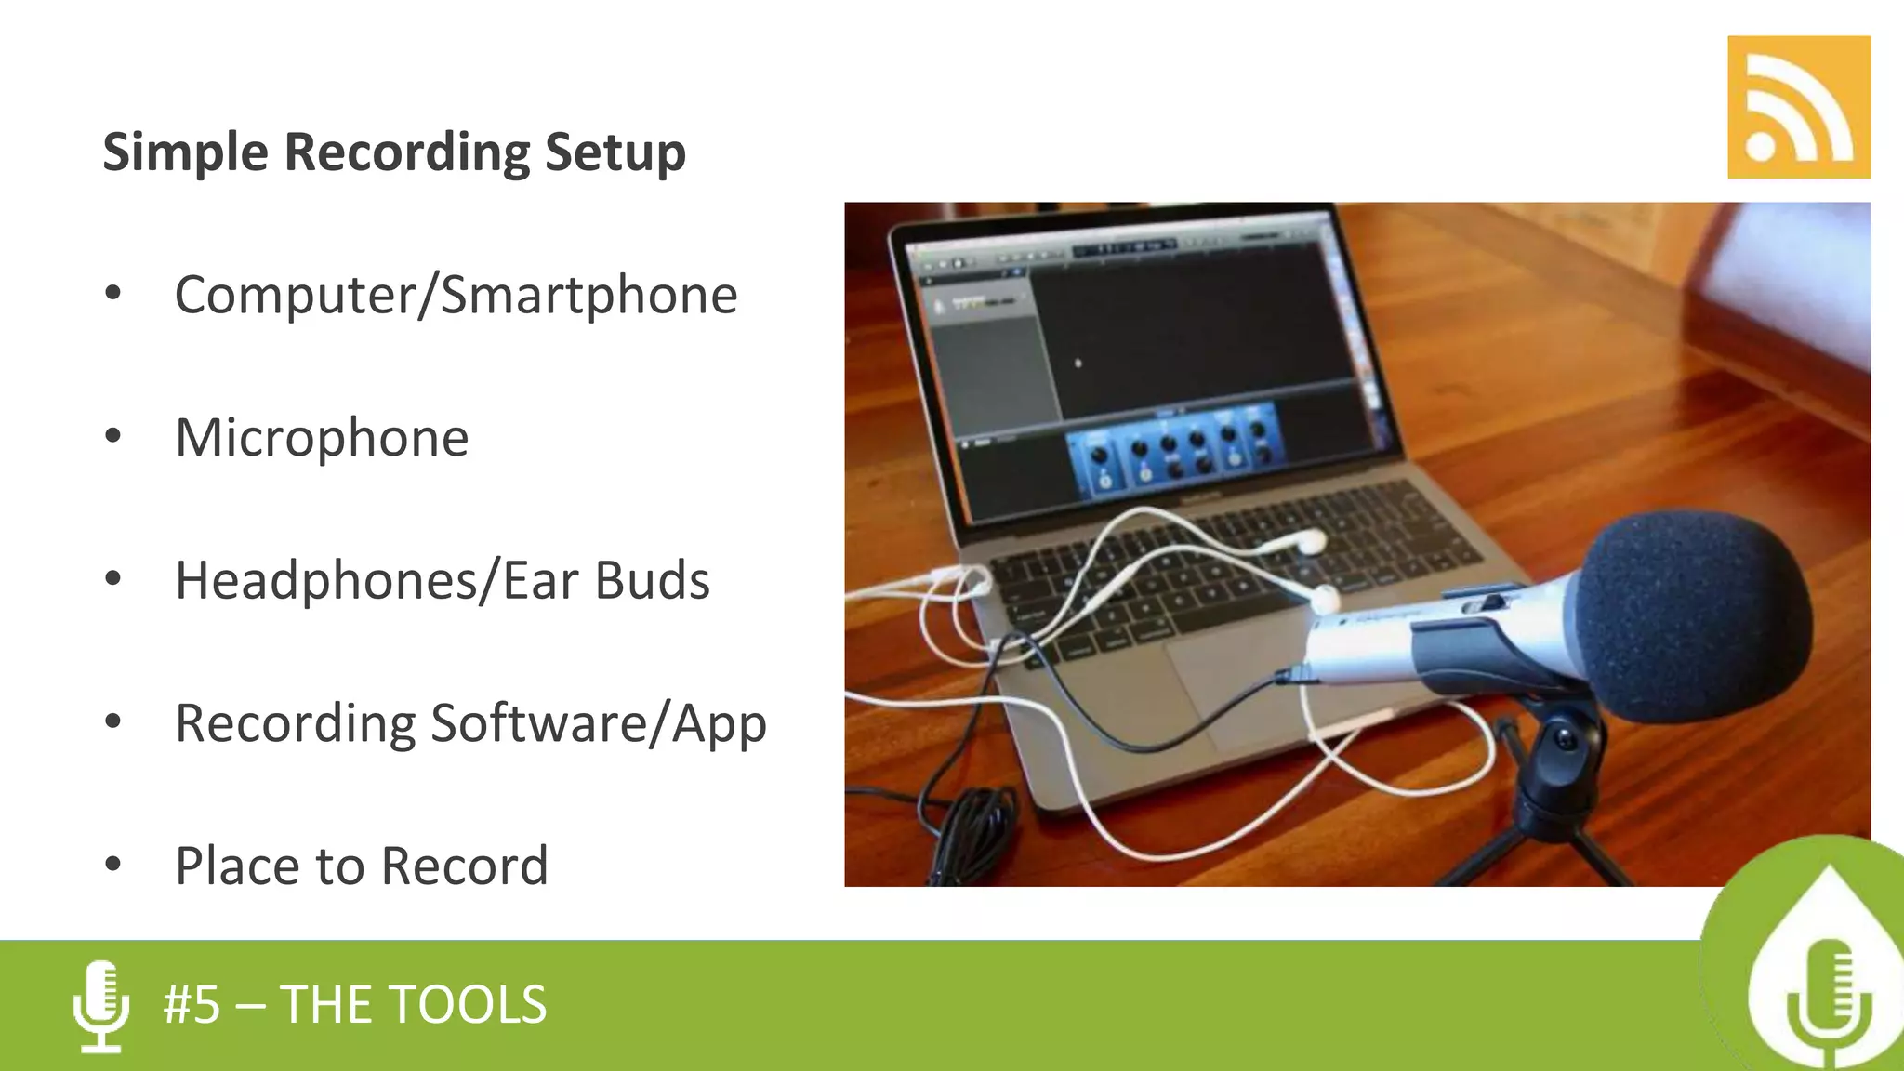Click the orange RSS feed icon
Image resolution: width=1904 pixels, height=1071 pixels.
point(1798,107)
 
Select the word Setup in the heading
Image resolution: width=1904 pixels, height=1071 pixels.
point(615,152)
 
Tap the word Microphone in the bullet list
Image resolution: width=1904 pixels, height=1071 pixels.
point(322,438)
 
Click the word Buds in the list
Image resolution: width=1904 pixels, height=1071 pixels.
point(652,580)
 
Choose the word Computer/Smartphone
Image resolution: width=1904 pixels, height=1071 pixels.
point(456,296)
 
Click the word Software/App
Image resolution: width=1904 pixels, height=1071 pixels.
point(599,724)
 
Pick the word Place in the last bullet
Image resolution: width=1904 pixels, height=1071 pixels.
point(238,866)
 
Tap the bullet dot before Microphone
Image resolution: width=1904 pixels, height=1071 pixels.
point(113,436)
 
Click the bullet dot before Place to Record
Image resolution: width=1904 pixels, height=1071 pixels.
point(113,865)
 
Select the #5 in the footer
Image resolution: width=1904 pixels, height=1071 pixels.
point(192,1005)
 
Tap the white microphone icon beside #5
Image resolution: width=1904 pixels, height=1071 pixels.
point(100,1006)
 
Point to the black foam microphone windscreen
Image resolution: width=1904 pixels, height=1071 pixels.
point(1692,614)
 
